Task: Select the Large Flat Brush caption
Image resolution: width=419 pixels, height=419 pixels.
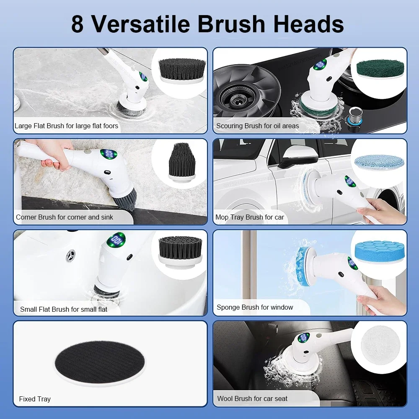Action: click(x=66, y=126)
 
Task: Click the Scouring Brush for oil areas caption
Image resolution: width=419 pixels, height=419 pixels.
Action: click(x=257, y=126)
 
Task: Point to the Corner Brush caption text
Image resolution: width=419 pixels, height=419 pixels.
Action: click(x=64, y=217)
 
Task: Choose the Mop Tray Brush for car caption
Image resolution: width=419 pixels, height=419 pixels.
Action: click(x=249, y=217)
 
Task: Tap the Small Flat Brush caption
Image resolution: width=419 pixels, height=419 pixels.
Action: click(x=63, y=309)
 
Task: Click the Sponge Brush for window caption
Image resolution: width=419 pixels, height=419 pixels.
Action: click(x=254, y=307)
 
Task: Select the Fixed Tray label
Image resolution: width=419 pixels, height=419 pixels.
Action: click(x=35, y=399)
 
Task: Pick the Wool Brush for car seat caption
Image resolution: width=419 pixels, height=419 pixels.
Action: click(x=252, y=398)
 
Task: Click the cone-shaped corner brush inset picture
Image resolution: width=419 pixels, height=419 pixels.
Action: click(x=181, y=160)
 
